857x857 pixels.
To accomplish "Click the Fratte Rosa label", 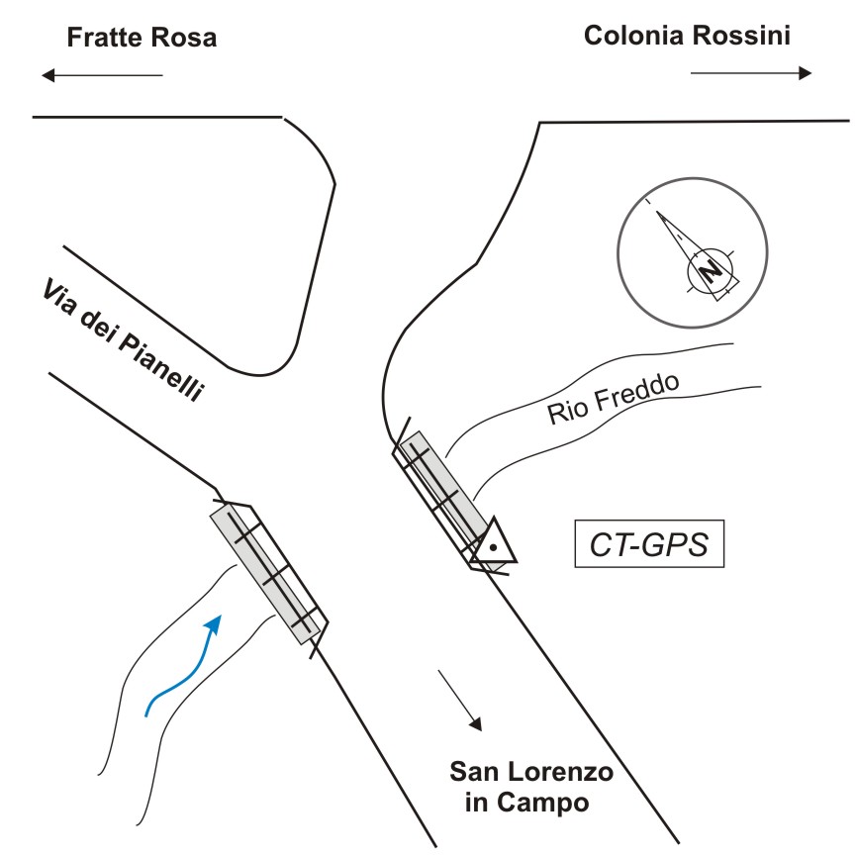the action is pyautogui.click(x=141, y=39).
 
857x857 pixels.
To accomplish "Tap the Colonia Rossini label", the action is pyautogui.click(x=687, y=37).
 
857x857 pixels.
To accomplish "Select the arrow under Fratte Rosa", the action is pyautogui.click(x=102, y=75).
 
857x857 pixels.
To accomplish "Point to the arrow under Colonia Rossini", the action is pyautogui.click(x=751, y=72).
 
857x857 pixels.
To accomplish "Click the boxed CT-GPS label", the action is pyautogui.click(x=650, y=544).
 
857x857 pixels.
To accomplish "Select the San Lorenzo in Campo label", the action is pyautogui.click(x=530, y=786).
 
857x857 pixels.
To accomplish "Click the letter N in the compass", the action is pyautogui.click(x=708, y=270).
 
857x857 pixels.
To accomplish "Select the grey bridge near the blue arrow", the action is pyautogui.click(x=267, y=573).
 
